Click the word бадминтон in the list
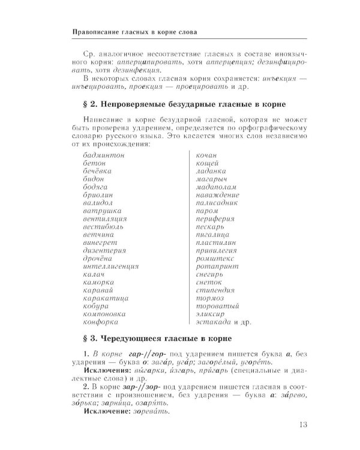point(104,155)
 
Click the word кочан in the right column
point(206,155)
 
